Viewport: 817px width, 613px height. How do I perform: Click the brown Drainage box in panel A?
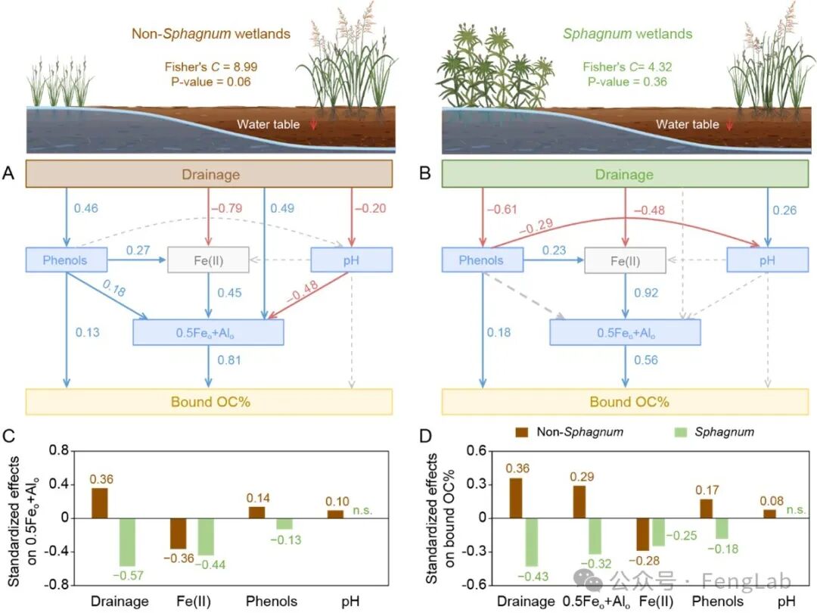tap(210, 174)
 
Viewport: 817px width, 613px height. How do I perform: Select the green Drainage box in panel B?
tap(624, 174)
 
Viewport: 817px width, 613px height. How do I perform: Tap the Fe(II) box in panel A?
tap(210, 260)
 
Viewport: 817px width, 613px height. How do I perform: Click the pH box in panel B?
tap(768, 260)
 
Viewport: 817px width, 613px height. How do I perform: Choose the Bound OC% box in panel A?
tap(210, 401)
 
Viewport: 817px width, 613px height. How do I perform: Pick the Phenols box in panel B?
tap(481, 260)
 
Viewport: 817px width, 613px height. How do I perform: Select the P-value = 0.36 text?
tap(628, 82)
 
